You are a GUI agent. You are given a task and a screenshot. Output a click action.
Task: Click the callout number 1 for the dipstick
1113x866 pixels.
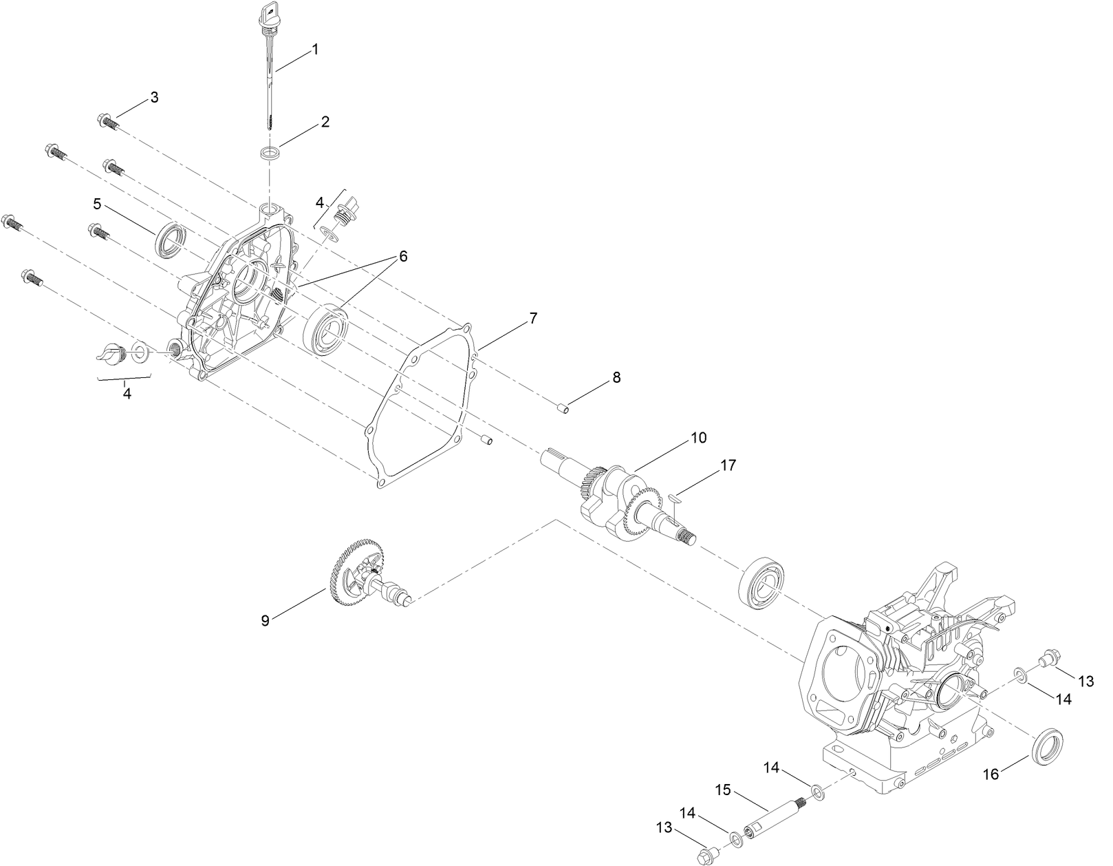tap(315, 50)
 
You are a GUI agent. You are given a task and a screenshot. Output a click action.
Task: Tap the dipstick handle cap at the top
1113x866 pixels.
tap(269, 13)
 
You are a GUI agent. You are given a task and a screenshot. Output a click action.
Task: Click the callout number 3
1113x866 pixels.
tap(154, 98)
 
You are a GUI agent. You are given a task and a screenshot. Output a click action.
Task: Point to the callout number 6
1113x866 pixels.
tap(402, 256)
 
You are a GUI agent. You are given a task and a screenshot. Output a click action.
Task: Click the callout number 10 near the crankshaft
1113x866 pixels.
tap(698, 438)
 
